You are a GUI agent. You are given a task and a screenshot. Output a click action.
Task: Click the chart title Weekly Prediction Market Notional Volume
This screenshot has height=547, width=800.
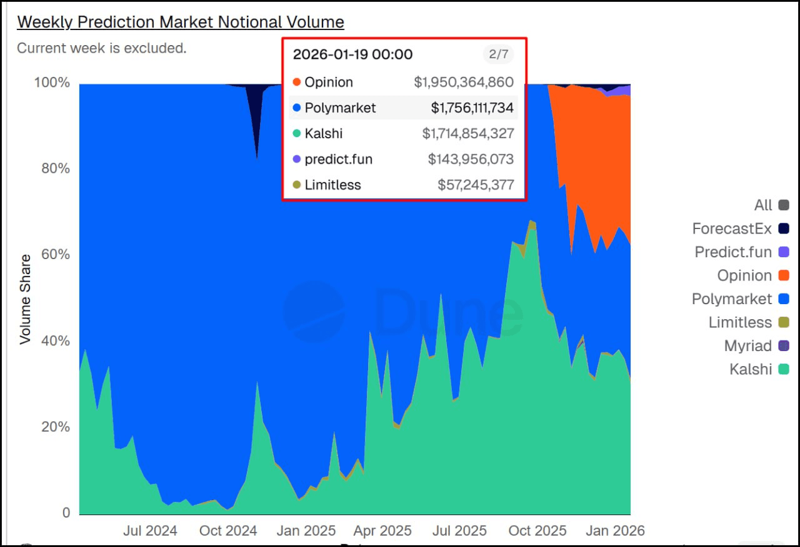coord(180,22)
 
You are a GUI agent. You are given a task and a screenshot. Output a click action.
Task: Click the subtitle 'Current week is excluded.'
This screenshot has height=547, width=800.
coord(101,48)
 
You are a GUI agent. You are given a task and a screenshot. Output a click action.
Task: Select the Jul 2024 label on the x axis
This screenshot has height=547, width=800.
coord(150,531)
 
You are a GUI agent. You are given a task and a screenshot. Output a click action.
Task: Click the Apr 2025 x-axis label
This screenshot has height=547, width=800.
coord(382,531)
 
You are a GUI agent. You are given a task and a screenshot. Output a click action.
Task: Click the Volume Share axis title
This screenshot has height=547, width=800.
coord(25,299)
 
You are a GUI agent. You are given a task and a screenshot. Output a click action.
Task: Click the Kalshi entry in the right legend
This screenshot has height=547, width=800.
coord(751,369)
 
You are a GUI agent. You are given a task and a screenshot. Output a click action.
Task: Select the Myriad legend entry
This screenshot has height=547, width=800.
coord(747,346)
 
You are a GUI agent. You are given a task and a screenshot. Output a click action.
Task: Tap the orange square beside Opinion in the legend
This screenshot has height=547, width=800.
coord(784,275)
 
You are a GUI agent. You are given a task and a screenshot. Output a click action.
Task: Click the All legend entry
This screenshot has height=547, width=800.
coord(763,205)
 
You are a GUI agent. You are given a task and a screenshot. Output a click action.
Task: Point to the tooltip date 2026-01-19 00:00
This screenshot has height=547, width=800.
coord(352,54)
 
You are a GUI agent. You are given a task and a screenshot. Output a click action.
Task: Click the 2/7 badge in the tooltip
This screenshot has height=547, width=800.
coord(498,54)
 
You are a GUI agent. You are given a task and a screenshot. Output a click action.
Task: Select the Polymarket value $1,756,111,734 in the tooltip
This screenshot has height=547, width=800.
coord(472,108)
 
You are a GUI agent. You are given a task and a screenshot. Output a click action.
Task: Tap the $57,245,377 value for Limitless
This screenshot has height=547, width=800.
coord(476,185)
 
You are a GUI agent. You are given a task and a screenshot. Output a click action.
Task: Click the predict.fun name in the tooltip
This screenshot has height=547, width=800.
coord(338,159)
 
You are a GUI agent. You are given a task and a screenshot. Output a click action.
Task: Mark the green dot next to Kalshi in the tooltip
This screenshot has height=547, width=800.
coord(296,133)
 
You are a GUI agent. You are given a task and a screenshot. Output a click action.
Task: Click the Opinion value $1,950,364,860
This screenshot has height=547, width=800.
coord(463,82)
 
